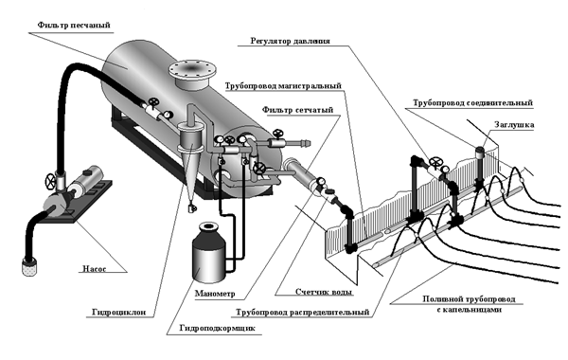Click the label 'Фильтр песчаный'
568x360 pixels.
click(x=74, y=26)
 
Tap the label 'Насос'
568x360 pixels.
click(x=94, y=269)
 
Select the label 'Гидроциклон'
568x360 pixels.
click(x=119, y=312)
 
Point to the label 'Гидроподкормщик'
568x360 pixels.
click(x=218, y=328)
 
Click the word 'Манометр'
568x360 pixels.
click(x=215, y=294)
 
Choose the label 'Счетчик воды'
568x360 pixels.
click(x=324, y=292)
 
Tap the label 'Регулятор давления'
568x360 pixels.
click(x=291, y=41)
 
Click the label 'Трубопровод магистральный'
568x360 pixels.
click(x=283, y=86)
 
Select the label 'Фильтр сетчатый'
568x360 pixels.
click(x=297, y=110)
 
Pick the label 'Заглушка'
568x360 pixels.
click(x=514, y=125)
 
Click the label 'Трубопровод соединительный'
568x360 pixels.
click(x=472, y=103)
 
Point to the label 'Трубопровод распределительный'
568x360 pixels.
click(x=303, y=312)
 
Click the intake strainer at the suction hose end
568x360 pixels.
click(x=29, y=266)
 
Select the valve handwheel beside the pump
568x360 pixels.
click(x=50, y=181)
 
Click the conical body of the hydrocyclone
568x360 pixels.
click(x=190, y=171)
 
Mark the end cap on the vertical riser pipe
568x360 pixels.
click(x=480, y=151)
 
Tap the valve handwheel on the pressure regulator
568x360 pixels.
click(x=435, y=161)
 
